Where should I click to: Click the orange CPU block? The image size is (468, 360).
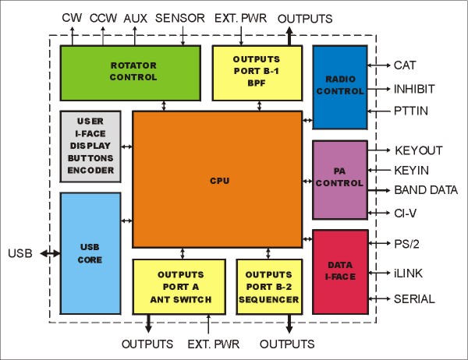[x=217, y=179]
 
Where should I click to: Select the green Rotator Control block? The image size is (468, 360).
[x=130, y=72]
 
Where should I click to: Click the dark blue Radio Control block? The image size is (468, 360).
[x=339, y=87]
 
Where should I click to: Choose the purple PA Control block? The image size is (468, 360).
[x=339, y=179]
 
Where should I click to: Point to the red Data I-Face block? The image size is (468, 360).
[x=339, y=272]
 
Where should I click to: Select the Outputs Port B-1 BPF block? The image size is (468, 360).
[x=257, y=72]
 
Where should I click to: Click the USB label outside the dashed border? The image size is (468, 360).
[x=19, y=253]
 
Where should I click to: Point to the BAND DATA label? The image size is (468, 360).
[x=426, y=190]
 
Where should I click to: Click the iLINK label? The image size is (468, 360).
[x=409, y=273]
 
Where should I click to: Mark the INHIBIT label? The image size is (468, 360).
[x=416, y=89]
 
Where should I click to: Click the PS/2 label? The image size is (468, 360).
[x=408, y=245]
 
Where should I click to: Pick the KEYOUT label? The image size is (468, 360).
[x=419, y=150]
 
